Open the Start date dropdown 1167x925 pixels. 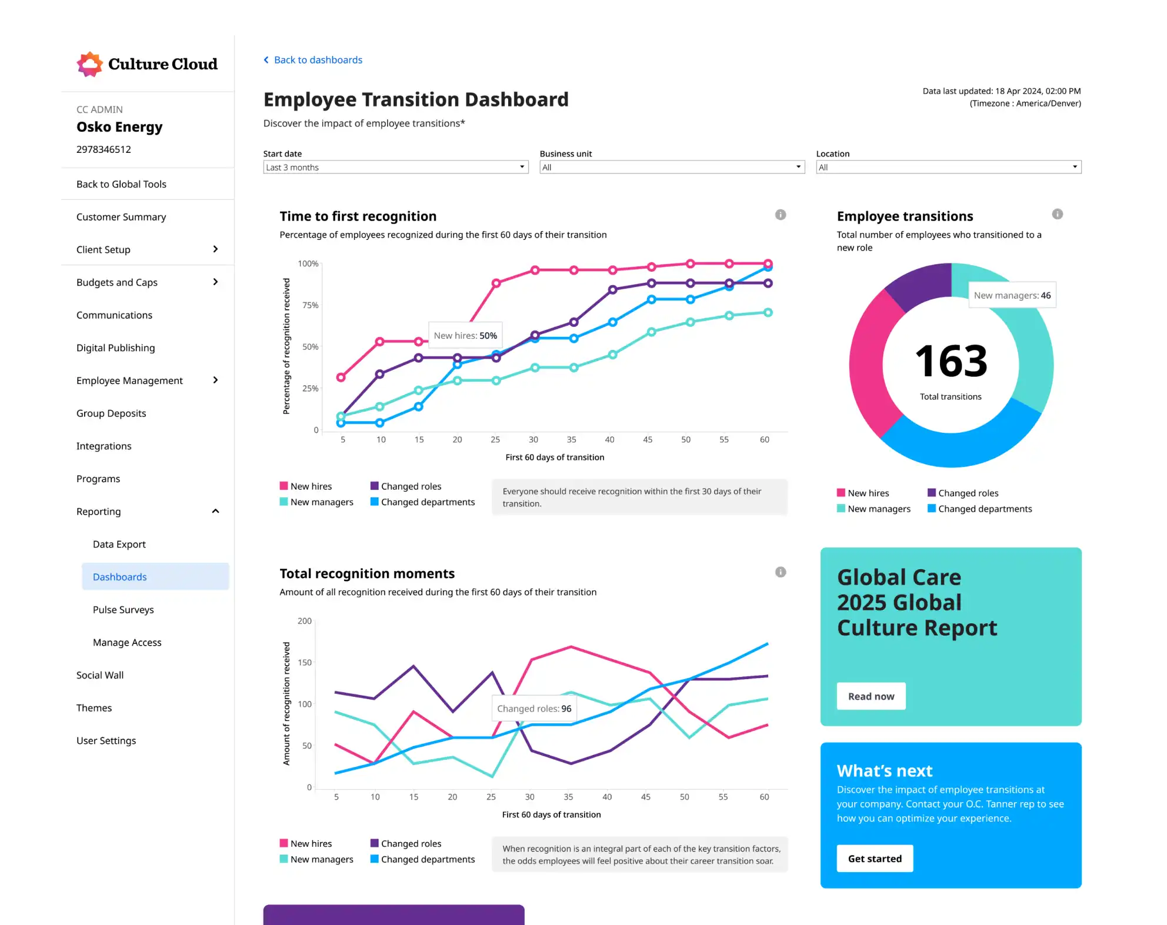tap(395, 167)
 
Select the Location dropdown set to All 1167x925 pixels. tap(948, 167)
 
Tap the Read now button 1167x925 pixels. tap(871, 696)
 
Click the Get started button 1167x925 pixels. tap(874, 859)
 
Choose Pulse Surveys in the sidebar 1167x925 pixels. tap(123, 610)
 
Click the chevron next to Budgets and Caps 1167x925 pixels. tap(215, 282)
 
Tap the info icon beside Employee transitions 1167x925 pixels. tap(1057, 214)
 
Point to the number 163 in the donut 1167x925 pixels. tap(951, 361)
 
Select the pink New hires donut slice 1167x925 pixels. tap(867, 365)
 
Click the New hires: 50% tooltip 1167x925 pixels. tap(465, 336)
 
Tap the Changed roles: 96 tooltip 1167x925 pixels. tap(534, 709)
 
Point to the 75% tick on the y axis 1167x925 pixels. tap(310, 305)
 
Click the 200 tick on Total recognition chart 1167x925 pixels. tap(305, 621)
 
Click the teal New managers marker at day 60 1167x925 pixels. tap(768, 313)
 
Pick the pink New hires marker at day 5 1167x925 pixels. tap(341, 377)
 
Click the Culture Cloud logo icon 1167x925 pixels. tap(89, 64)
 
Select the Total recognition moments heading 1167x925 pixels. tap(367, 573)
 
